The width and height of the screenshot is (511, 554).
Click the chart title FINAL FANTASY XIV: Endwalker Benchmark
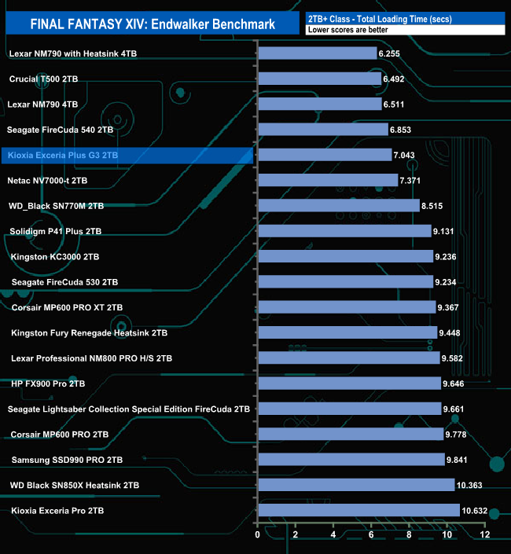coord(153,24)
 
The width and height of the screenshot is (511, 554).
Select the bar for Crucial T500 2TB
coord(319,79)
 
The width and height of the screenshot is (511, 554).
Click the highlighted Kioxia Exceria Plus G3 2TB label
coord(63,156)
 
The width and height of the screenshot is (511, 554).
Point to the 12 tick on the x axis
coord(486,534)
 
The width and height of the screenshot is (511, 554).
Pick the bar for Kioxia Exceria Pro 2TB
coord(358,511)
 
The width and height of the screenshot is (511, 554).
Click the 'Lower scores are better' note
coord(341,30)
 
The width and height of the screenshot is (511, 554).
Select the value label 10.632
coord(476,511)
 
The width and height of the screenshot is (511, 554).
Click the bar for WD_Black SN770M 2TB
coord(338,206)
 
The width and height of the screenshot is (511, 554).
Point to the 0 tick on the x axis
coord(258,534)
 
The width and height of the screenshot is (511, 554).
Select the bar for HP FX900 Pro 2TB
coord(349,383)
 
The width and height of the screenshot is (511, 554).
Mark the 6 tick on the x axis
coord(372,534)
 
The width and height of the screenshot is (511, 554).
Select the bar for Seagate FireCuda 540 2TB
coord(322,130)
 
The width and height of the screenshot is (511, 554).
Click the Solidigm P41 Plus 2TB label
coord(55,232)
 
